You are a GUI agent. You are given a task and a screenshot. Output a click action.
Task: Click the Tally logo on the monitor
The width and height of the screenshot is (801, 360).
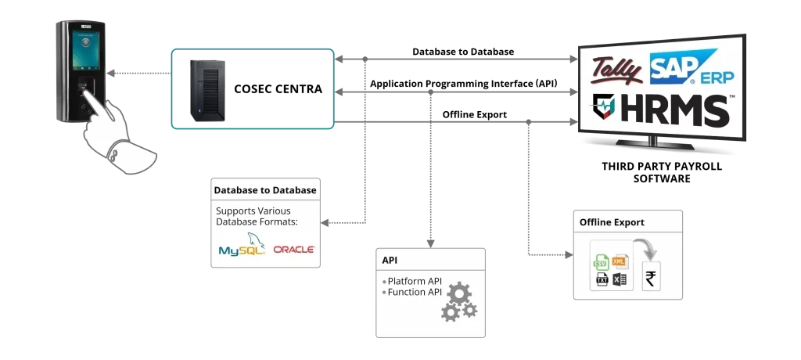[617, 70]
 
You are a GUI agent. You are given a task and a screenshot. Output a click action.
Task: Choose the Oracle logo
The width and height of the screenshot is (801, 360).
[294, 250]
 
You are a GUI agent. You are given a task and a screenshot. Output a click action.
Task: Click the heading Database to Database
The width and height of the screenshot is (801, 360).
[265, 190]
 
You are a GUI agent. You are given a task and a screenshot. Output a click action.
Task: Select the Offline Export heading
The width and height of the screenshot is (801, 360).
[611, 222]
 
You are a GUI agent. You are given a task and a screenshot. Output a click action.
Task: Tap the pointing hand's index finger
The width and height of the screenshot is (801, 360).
[93, 100]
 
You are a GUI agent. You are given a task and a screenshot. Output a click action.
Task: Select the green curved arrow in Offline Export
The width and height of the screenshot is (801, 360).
[645, 251]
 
